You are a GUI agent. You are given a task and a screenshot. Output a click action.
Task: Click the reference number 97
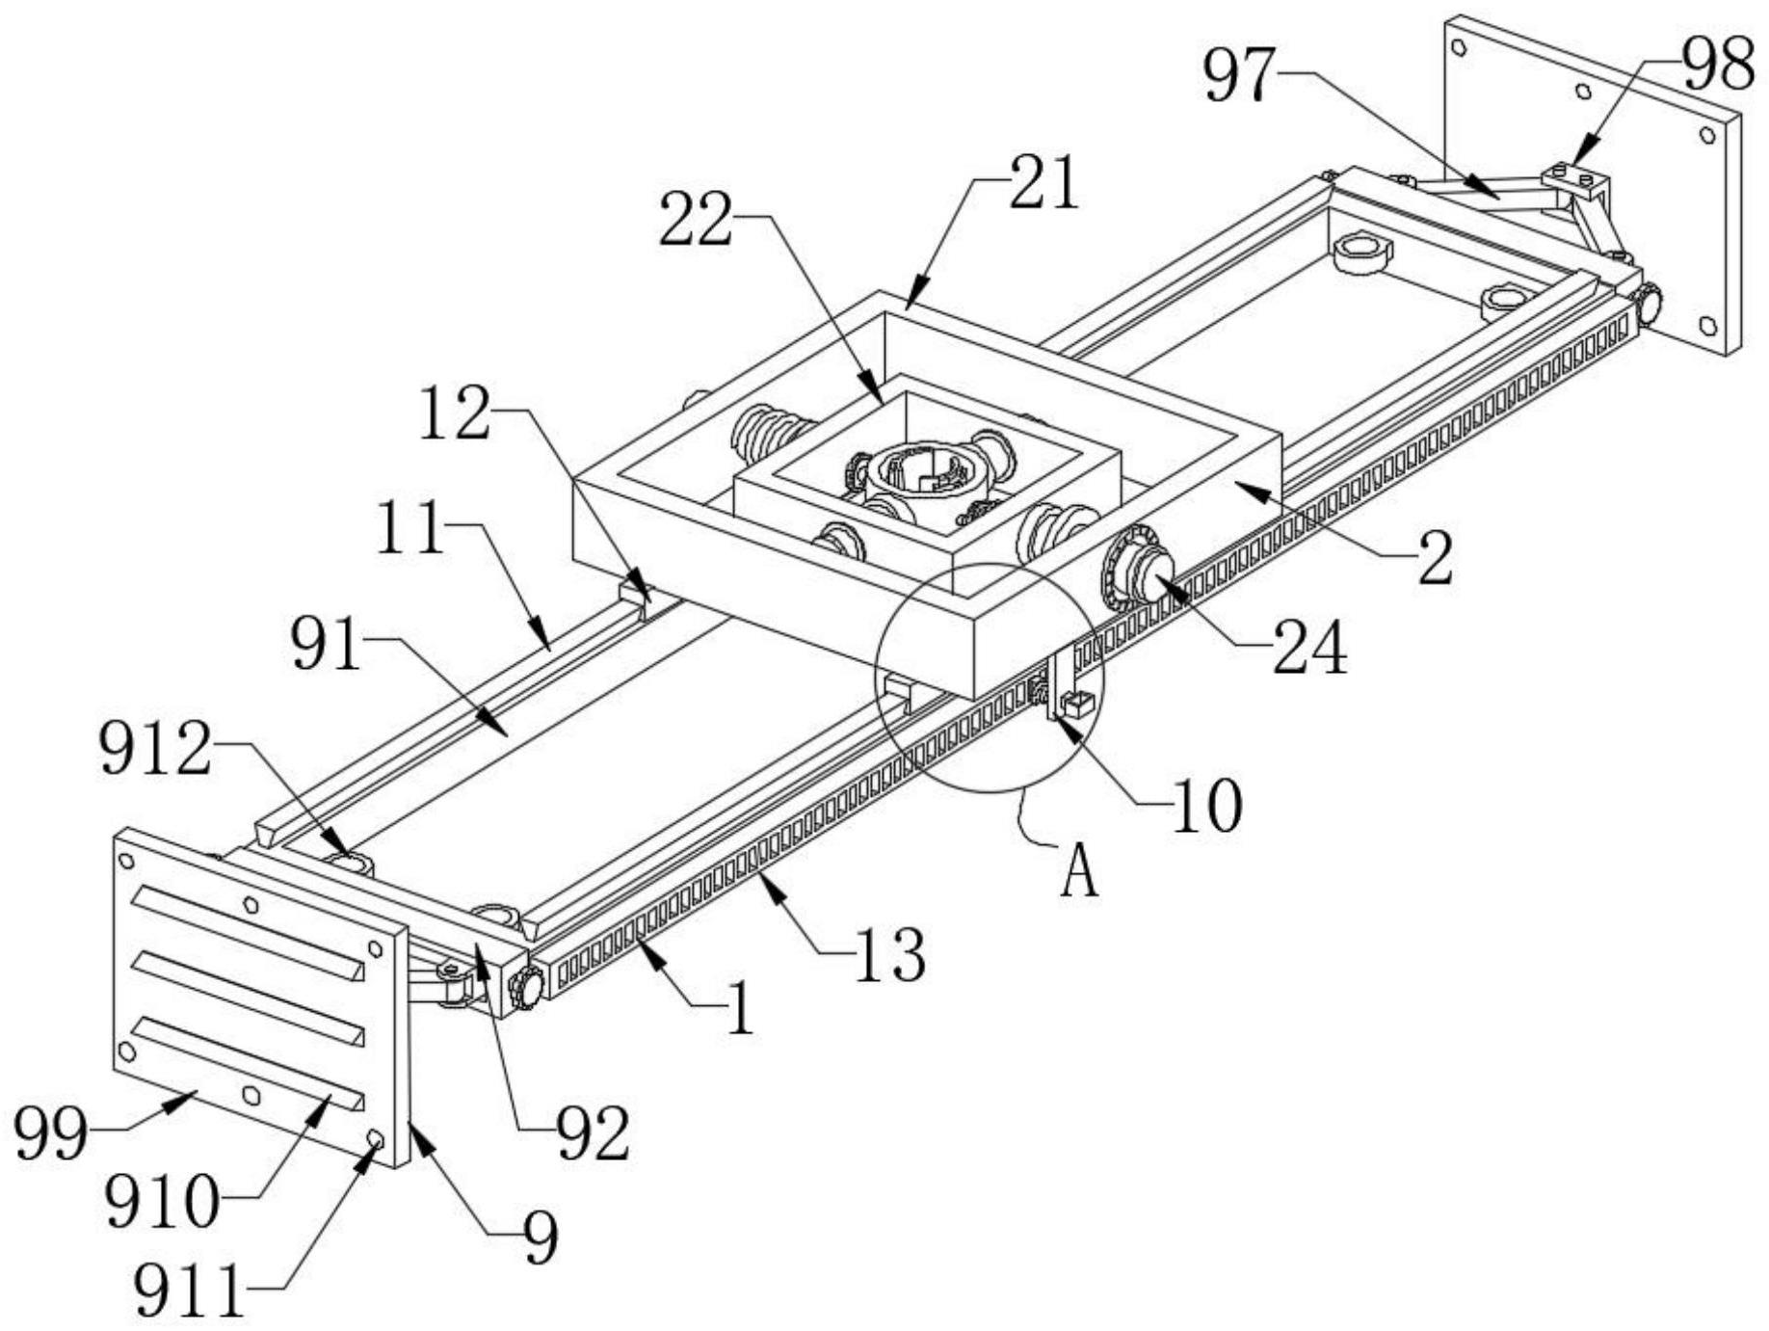pos(1240,75)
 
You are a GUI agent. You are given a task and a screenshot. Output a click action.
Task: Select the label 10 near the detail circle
pos(1206,805)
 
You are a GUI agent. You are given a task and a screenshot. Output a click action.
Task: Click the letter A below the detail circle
pos(1079,872)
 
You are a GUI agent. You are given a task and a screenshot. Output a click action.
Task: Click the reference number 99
pos(51,1133)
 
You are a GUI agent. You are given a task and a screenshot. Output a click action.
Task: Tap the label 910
pos(162,1202)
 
